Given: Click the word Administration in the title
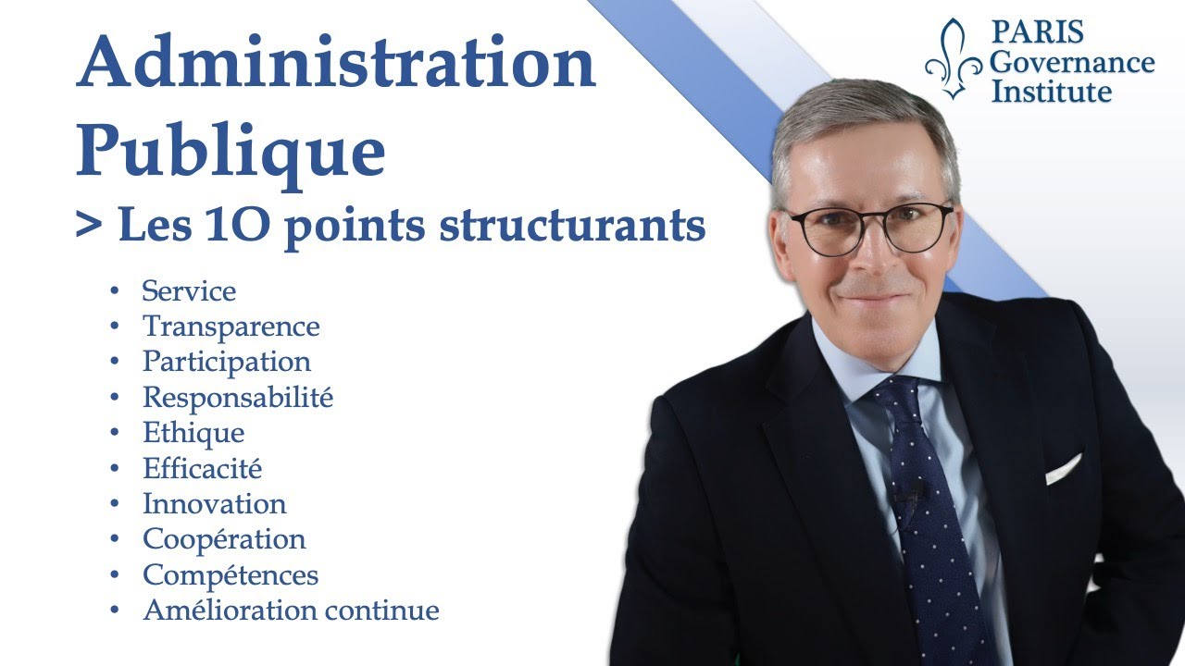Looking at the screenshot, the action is coord(336,61).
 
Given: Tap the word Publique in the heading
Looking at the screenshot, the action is coord(231,151).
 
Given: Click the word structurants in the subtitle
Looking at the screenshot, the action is coord(572,225).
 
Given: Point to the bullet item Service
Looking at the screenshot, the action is coord(189,290).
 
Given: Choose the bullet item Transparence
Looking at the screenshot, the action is coord(231,327).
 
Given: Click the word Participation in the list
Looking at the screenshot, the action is coord(227,362).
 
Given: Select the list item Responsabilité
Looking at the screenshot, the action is coord(238,397).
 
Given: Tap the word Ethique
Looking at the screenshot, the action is coord(193,433).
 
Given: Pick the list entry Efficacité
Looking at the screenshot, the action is coord(202,468).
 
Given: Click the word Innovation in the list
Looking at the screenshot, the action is coord(215,504).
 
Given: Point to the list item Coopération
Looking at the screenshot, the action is coord(224,539).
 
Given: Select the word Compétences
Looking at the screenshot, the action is coord(231,575).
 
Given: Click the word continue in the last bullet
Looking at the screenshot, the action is coord(381,610).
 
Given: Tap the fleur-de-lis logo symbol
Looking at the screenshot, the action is coord(954,58).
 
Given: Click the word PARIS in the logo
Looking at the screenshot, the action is coord(1038,31).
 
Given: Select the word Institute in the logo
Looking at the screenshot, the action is coord(1051,91).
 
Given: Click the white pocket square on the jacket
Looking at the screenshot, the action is coord(1064,469).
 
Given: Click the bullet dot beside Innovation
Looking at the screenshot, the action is coord(114,504).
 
